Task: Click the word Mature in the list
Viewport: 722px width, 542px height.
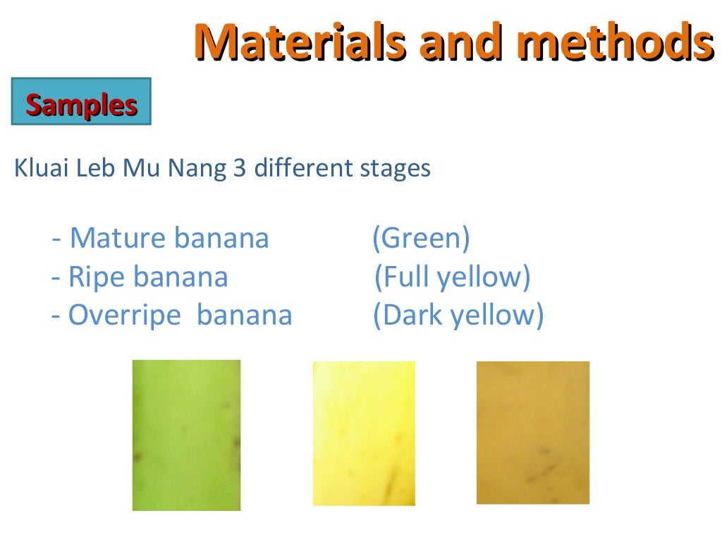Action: [118, 239]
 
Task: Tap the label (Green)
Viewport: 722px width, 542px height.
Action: [421, 239]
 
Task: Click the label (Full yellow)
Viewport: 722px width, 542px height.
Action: [452, 277]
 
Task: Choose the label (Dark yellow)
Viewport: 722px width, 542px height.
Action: [458, 315]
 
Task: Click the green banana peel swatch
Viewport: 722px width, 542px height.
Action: [186, 435]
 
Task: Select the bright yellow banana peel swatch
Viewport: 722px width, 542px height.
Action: [364, 433]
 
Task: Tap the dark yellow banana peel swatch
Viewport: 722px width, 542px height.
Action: [533, 433]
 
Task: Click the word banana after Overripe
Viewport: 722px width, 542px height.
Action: [244, 315]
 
